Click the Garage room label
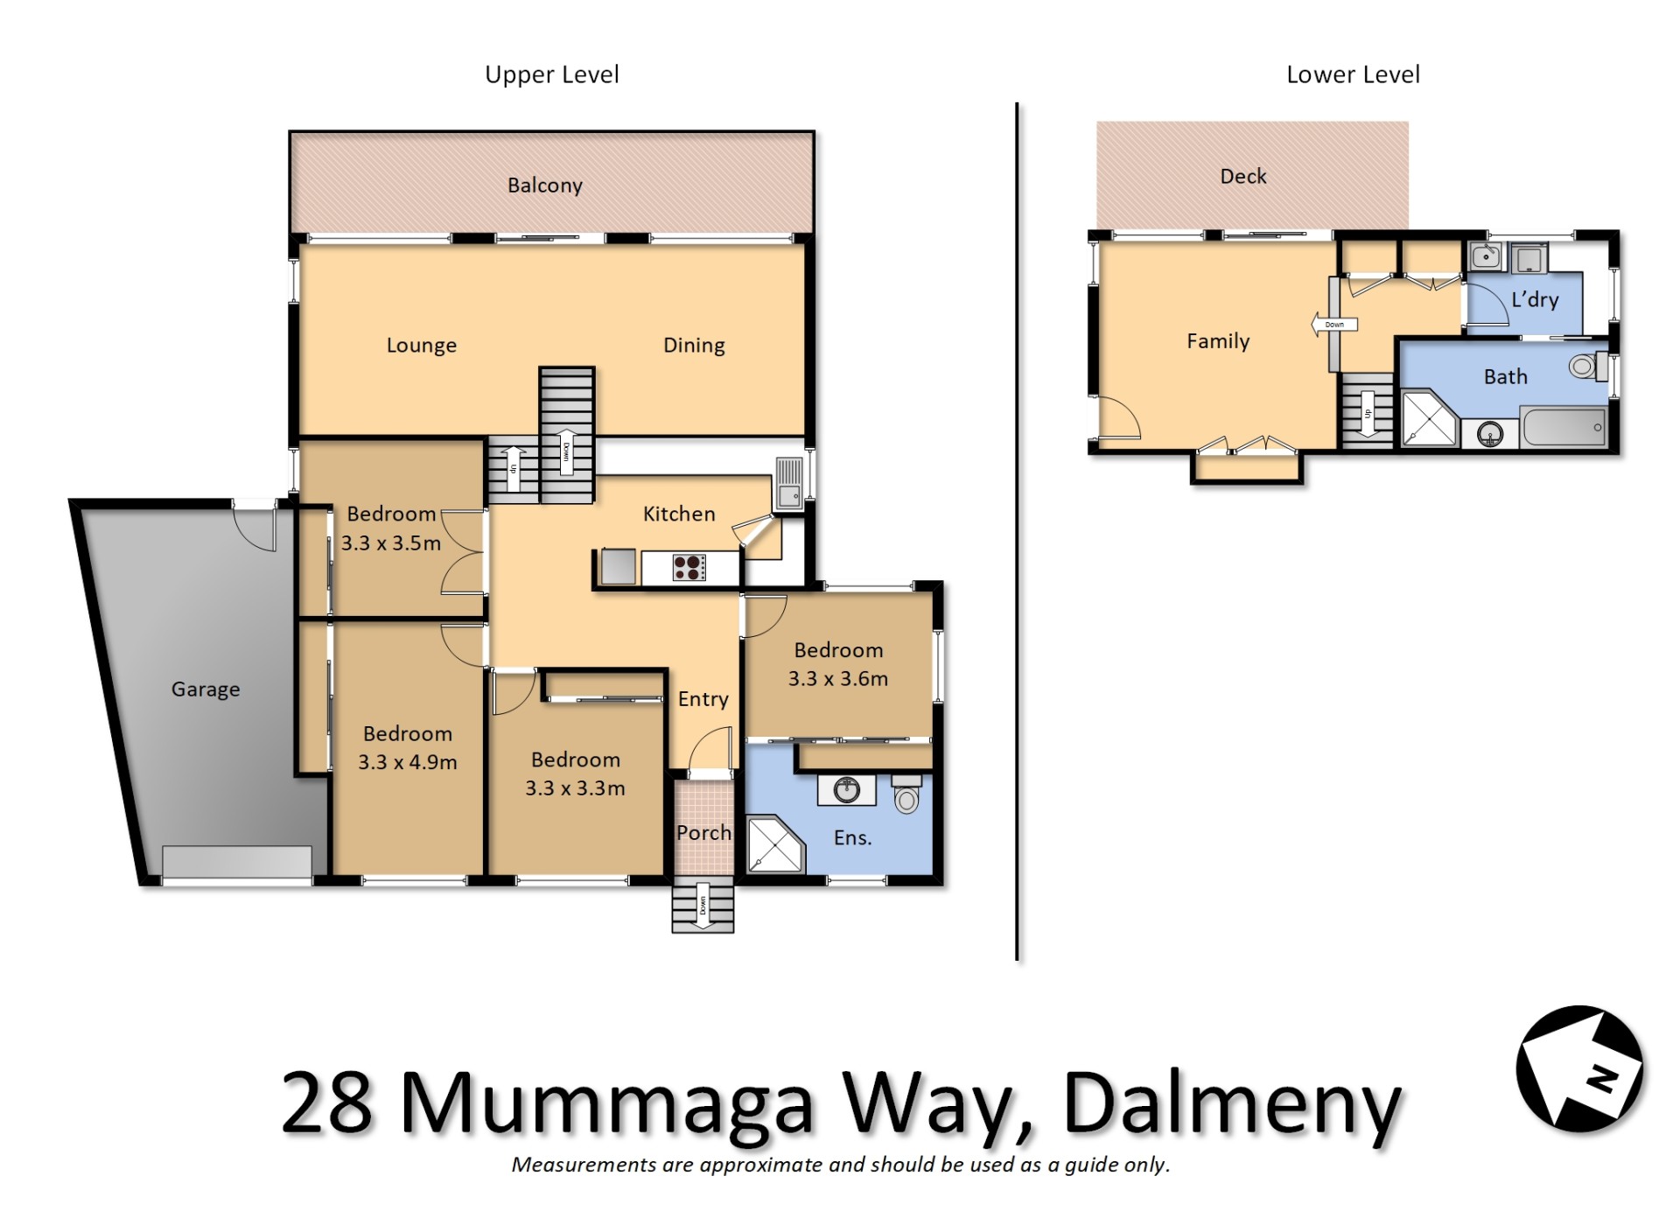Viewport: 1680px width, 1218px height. [x=206, y=689]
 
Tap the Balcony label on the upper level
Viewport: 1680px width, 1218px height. [x=545, y=185]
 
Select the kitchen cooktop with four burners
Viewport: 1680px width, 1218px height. [x=689, y=568]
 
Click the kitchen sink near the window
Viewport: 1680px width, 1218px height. [x=788, y=483]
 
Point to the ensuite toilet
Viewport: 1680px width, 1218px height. [x=906, y=794]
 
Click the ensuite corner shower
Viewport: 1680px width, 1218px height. [x=775, y=844]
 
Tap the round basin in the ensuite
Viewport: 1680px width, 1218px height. [x=846, y=790]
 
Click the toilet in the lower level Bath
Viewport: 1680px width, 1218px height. [x=1588, y=366]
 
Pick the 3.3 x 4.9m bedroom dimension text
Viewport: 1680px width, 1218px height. [x=408, y=762]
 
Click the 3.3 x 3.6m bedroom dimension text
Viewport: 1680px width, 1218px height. [x=838, y=679]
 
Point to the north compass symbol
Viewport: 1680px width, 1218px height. [x=1580, y=1069]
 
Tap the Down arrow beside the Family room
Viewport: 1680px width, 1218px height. [x=1334, y=325]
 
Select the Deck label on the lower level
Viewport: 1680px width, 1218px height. [x=1243, y=177]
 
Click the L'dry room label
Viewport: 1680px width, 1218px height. [x=1536, y=299]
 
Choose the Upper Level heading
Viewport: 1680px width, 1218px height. [x=552, y=75]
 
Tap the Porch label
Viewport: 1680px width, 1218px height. [x=703, y=833]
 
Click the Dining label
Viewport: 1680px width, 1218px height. [x=694, y=346]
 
